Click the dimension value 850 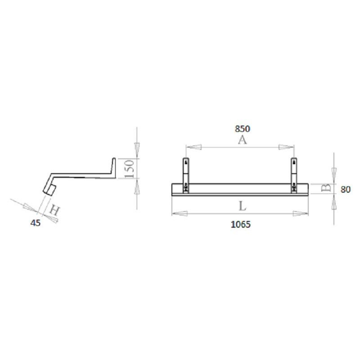pyautogui.click(x=242, y=129)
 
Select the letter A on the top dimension pyautogui.click(x=242, y=141)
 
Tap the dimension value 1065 pyautogui.click(x=240, y=225)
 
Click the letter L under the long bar pyautogui.click(x=242, y=207)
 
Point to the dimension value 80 pyautogui.click(x=345, y=189)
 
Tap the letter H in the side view pyautogui.click(x=54, y=210)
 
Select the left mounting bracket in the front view pyautogui.click(x=185, y=175)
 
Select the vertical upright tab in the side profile pyautogui.click(x=113, y=166)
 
